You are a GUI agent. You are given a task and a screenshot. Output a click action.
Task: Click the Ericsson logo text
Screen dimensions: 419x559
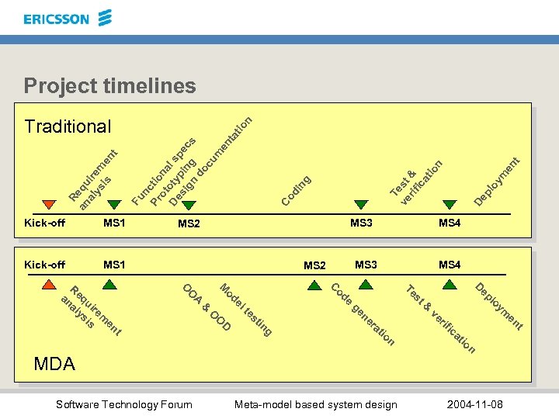click(x=57, y=19)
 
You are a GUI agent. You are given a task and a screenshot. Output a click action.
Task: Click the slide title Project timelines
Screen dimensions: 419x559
click(x=109, y=85)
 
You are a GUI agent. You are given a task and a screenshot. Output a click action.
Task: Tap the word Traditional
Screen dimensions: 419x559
click(x=68, y=126)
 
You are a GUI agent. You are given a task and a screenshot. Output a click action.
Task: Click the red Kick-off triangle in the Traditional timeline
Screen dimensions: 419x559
click(x=49, y=205)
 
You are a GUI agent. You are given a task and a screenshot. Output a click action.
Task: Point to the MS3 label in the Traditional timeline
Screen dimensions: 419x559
click(x=361, y=223)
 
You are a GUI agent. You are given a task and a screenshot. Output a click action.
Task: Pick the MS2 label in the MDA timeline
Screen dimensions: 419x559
click(x=314, y=265)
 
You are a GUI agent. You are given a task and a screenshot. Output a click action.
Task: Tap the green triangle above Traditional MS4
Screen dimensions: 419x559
click(x=449, y=205)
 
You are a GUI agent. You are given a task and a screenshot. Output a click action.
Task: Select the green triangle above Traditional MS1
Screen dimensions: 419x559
click(x=114, y=205)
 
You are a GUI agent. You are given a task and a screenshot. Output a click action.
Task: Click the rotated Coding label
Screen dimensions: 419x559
click(x=297, y=192)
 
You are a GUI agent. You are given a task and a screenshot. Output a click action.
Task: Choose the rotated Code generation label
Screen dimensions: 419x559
click(x=363, y=314)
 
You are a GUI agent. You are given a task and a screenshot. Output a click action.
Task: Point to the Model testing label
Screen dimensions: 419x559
click(x=245, y=310)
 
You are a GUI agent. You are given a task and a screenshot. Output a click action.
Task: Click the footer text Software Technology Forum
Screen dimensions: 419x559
click(x=124, y=404)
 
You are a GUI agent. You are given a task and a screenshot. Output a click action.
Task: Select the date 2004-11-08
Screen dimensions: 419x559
click(x=474, y=404)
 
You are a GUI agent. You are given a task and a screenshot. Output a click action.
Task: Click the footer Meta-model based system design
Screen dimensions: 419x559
click(x=315, y=404)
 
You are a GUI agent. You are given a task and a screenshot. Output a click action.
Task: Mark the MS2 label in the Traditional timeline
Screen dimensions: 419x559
click(x=189, y=224)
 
